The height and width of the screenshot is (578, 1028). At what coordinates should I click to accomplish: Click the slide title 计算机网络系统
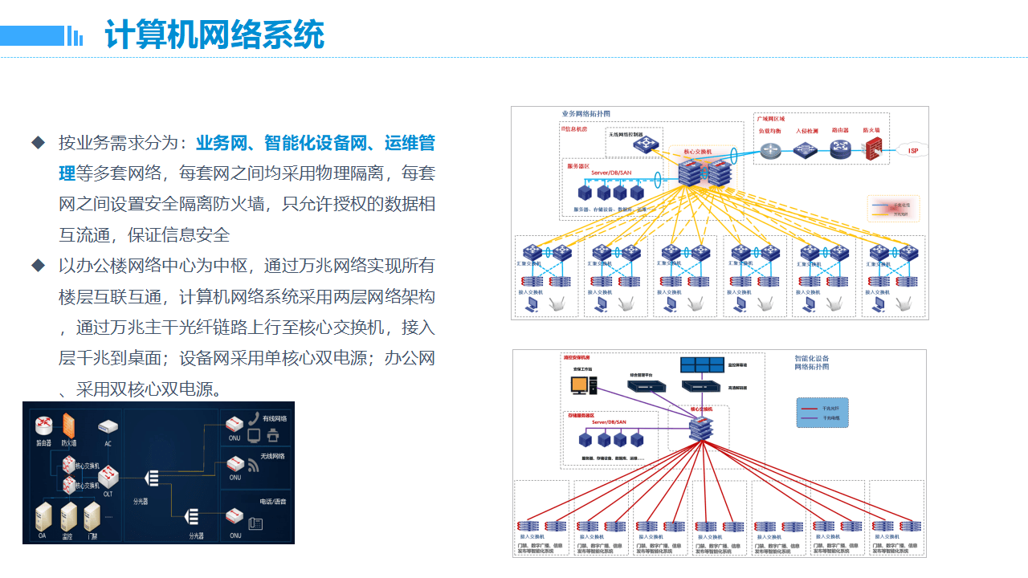click(x=214, y=36)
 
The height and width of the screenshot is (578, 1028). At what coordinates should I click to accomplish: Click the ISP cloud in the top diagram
click(x=912, y=150)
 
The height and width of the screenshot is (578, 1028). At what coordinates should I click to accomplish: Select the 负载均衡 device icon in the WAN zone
click(x=771, y=149)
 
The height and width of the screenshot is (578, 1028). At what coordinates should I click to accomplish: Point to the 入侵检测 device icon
click(x=806, y=149)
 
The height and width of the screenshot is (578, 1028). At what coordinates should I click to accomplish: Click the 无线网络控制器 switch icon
click(x=644, y=144)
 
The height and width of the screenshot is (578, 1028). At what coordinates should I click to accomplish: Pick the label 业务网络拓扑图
click(x=585, y=114)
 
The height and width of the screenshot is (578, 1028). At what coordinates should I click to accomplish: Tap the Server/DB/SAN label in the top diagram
click(x=610, y=173)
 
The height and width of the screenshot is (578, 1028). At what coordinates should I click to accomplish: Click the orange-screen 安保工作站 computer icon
click(x=579, y=385)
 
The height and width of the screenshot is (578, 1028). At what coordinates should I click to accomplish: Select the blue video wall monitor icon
click(x=701, y=364)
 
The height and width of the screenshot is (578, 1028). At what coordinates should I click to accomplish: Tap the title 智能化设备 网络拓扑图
click(x=812, y=363)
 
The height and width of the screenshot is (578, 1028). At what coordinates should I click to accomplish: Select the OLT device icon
click(x=108, y=478)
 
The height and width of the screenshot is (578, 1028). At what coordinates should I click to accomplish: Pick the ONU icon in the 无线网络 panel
click(x=235, y=464)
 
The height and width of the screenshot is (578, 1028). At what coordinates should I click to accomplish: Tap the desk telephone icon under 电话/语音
click(x=255, y=524)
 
